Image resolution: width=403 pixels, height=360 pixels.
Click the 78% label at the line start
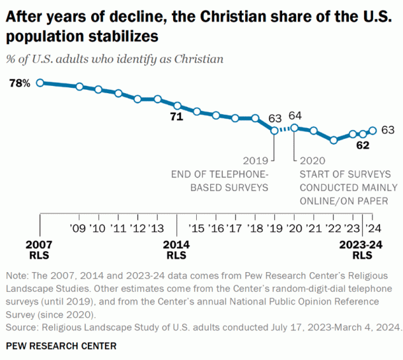(20, 83)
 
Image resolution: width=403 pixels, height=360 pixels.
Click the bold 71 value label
(176, 118)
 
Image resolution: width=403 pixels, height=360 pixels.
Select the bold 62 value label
(362, 146)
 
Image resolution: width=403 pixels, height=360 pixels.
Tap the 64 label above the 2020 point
(295, 116)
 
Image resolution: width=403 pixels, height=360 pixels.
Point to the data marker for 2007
(40, 83)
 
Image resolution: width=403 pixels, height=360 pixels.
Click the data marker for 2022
(334, 140)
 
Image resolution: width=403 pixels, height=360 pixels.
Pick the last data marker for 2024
(373, 130)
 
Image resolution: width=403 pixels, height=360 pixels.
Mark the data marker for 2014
(177, 106)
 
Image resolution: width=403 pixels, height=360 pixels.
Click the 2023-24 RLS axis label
(361, 250)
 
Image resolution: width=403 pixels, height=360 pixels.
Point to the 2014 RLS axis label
(176, 250)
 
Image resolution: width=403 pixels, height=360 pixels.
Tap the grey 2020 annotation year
(312, 161)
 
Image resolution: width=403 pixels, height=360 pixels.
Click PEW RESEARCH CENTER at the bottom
(61, 346)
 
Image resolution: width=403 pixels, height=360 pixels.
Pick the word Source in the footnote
(20, 327)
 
